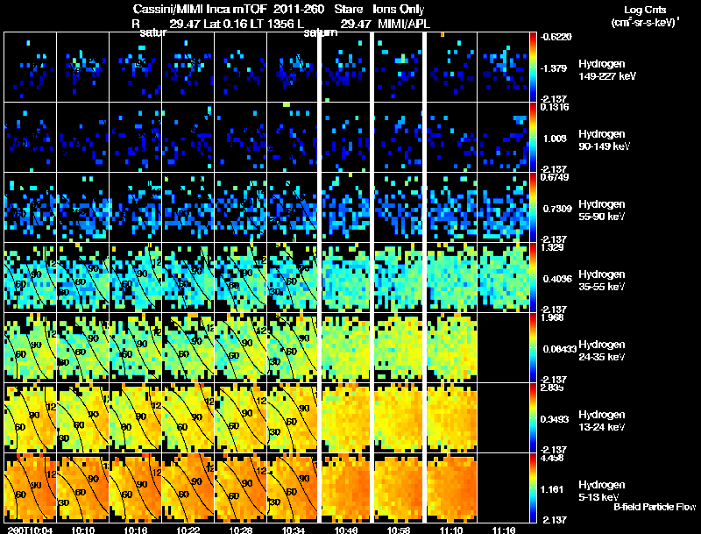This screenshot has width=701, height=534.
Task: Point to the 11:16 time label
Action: pos(503,529)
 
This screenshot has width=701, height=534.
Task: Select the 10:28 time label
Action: pos(239,529)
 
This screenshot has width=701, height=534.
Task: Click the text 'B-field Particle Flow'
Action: pos(654,507)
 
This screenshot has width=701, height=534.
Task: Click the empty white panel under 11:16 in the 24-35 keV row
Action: pos(503,347)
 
